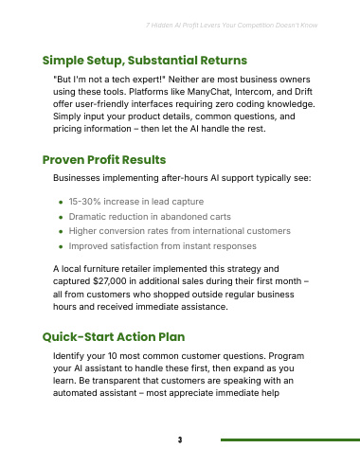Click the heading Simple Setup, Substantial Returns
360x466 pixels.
tap(145, 61)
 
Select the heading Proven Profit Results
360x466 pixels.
tap(104, 160)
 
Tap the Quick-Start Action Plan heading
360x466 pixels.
tap(114, 337)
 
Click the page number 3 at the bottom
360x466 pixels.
tap(180, 439)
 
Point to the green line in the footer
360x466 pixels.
tap(290, 439)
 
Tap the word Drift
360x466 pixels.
tap(303, 92)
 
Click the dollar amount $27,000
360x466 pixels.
tap(110, 281)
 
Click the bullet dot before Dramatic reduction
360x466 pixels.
tap(61, 217)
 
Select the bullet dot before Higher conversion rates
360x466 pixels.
tap(61, 232)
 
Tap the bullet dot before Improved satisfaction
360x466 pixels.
tap(61, 246)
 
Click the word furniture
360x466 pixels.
tap(101, 269)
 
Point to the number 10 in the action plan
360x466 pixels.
tap(113, 356)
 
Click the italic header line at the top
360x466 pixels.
tap(231, 26)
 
